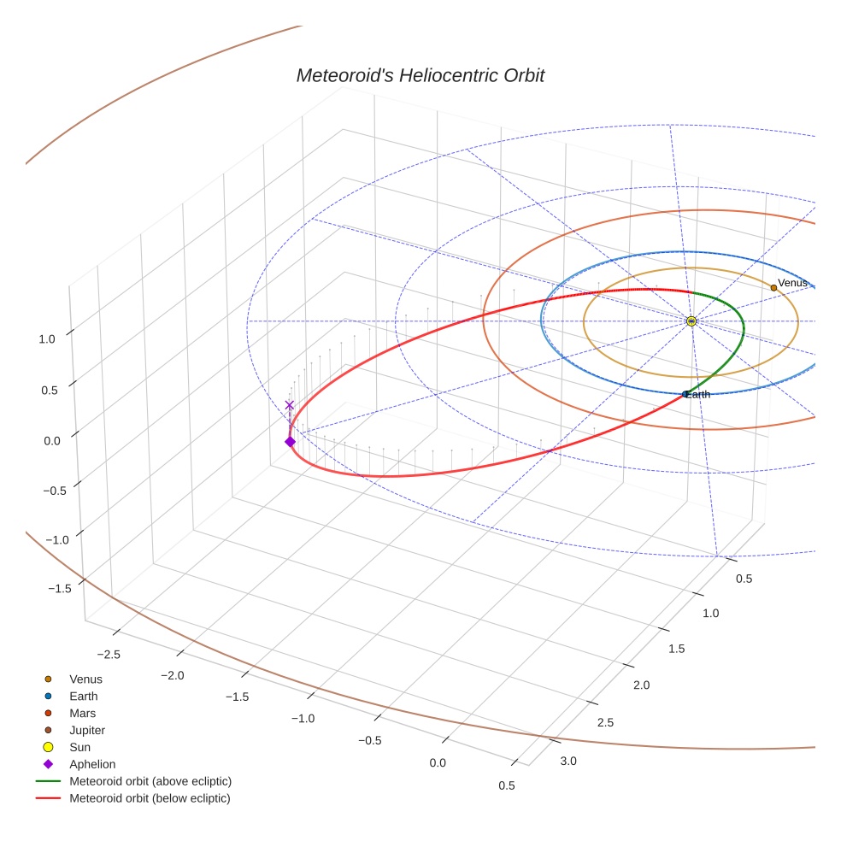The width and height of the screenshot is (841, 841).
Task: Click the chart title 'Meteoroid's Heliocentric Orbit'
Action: click(420, 76)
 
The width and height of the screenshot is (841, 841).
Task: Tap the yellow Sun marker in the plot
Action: click(691, 321)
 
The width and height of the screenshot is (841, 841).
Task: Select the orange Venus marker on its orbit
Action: click(773, 288)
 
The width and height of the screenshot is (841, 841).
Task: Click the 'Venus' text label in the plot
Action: click(792, 283)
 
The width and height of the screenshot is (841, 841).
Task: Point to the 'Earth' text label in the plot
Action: click(697, 395)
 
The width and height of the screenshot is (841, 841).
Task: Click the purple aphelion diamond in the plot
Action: click(290, 442)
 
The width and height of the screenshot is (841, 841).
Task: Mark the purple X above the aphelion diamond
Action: click(290, 405)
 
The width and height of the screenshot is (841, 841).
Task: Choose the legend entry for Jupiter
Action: click(87, 731)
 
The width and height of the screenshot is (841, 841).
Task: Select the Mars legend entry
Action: click(83, 714)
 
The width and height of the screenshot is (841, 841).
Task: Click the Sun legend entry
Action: click(81, 748)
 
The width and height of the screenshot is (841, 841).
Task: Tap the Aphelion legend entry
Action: click(92, 765)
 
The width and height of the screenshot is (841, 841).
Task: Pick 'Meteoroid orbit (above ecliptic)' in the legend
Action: click(150, 782)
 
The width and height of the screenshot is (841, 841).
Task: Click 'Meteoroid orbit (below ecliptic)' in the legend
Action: click(150, 799)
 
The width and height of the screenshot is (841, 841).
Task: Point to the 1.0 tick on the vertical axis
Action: click(47, 339)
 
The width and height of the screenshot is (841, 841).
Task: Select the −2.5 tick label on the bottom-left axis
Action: click(108, 655)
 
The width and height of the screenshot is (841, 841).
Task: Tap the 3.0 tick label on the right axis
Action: click(568, 762)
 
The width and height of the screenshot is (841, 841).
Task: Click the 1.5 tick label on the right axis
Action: click(676, 649)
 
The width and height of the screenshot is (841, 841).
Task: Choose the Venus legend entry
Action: click(85, 679)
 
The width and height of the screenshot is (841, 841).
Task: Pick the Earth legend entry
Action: click(84, 697)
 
